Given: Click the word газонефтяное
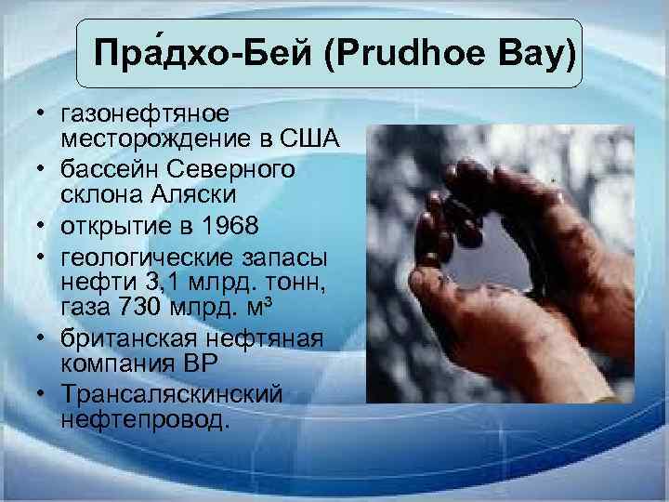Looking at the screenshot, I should (x=143, y=113).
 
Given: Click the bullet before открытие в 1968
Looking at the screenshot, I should (x=42, y=225).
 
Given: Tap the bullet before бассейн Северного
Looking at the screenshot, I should (x=42, y=169).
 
